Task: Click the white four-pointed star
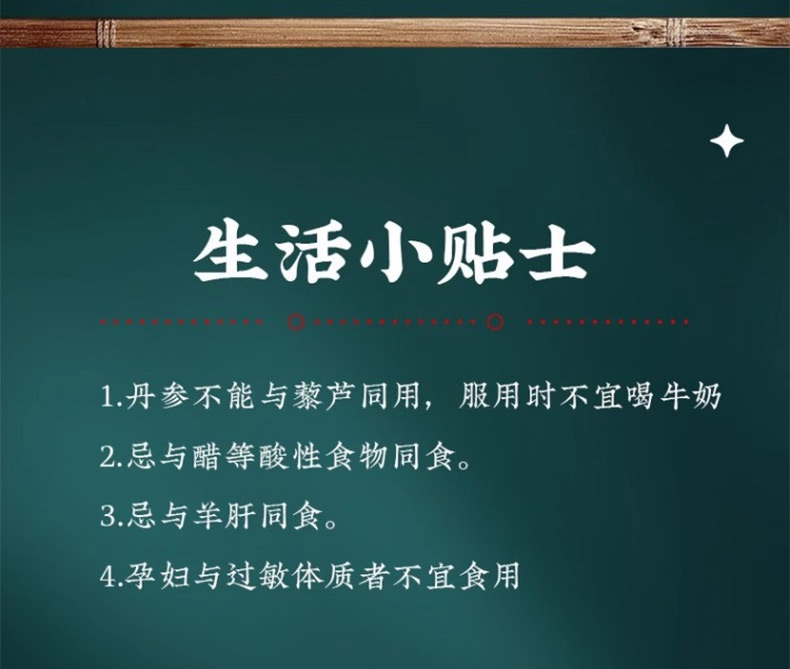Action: point(727,141)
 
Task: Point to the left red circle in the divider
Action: point(296,322)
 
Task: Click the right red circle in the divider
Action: point(495,322)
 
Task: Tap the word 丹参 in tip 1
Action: point(158,396)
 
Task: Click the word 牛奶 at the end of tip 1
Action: point(690,396)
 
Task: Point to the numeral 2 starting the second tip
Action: point(108,457)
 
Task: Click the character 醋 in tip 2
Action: point(206,457)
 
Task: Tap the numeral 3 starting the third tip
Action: point(108,516)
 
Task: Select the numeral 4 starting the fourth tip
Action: point(108,575)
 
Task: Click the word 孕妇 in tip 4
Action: point(157,575)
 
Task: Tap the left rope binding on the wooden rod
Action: point(105,33)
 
